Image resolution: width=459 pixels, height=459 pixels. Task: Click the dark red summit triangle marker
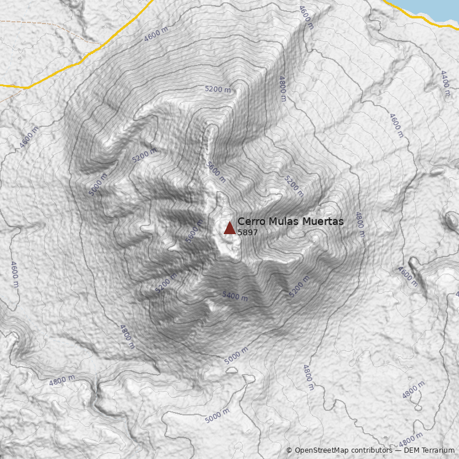pos(229,228)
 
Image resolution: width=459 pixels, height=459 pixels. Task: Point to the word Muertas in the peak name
pos(323,221)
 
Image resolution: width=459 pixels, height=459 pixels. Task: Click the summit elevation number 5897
pos(247,233)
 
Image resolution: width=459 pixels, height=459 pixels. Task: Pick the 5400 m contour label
pos(235,296)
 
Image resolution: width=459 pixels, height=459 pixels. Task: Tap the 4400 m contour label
pos(445,83)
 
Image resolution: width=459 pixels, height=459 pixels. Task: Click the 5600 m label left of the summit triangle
pos(195,231)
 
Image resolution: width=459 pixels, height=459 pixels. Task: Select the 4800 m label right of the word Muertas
pos(360,224)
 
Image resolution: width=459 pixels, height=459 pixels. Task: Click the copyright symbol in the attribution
pos(289,450)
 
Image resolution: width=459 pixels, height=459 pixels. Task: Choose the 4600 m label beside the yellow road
pos(156,34)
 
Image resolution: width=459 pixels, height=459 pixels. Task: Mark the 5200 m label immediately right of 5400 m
pos(299,286)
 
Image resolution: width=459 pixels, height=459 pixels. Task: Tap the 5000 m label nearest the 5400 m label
pos(236,356)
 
